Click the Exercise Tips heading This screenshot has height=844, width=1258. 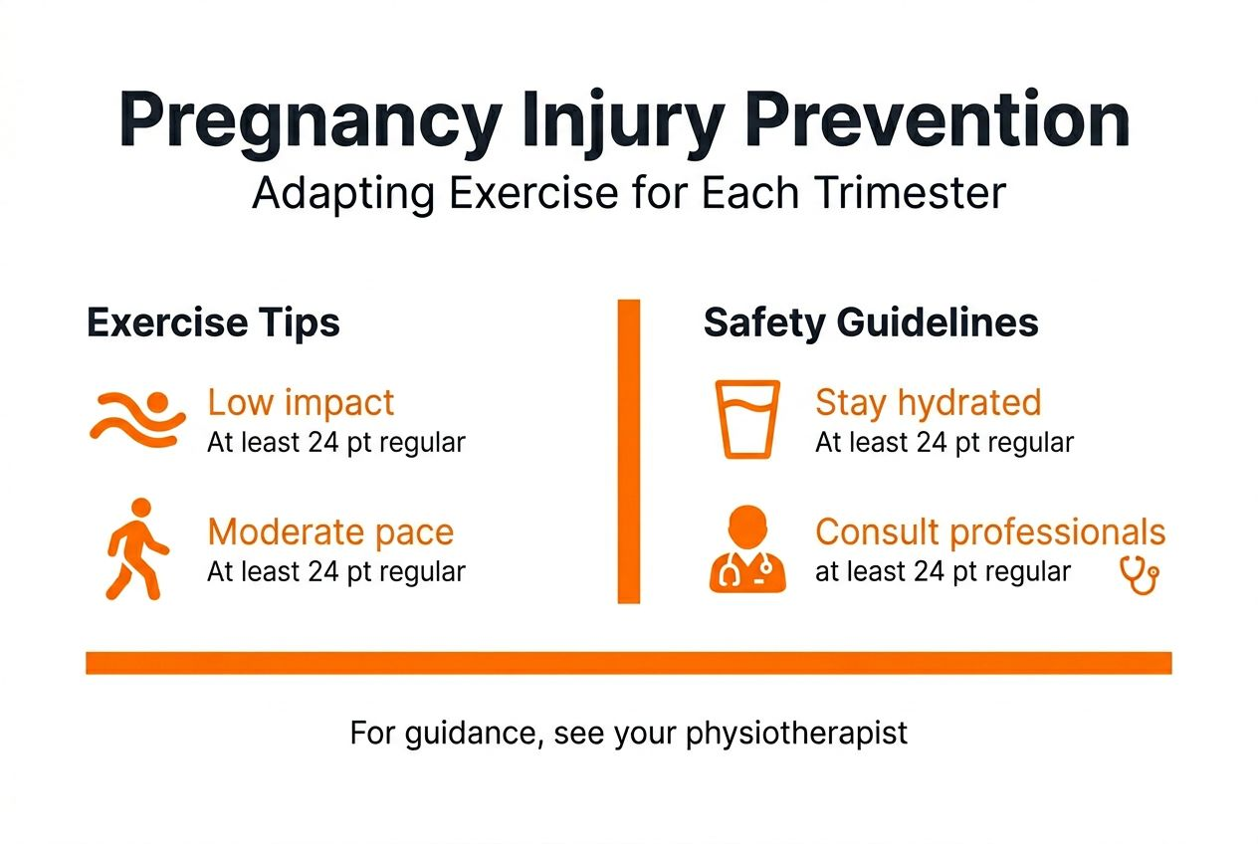coord(213,322)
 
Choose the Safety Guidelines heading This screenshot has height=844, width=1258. coord(871,322)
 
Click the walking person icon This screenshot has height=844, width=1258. coord(137,548)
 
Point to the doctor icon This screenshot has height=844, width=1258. coord(747,550)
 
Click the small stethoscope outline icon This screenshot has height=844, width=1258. coord(1140,574)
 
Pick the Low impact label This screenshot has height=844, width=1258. coord(301,403)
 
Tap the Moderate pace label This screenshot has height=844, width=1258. coord(330,532)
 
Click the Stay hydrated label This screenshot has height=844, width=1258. coord(928,403)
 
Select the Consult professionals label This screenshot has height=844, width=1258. coord(990,532)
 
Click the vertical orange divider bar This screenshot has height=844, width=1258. coord(628,451)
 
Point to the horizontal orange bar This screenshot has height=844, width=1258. coord(628,663)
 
